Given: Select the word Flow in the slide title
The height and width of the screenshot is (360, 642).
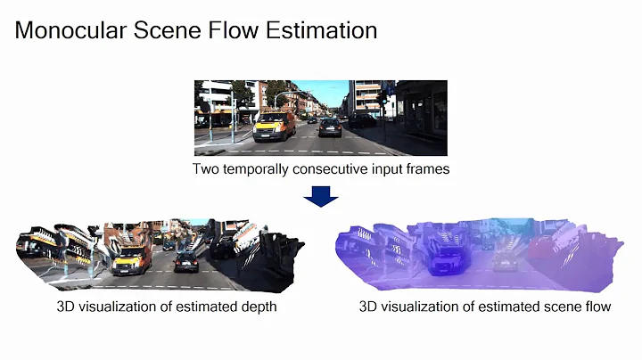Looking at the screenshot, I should pos(236,31).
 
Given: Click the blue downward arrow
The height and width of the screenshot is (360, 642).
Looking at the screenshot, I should pos(321,195).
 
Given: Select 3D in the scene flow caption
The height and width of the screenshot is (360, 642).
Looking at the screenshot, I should pos(369,307).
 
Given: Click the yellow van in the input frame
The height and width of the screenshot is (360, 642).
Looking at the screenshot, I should pos(274,128).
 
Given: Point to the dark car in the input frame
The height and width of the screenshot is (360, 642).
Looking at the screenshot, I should pos(330,127).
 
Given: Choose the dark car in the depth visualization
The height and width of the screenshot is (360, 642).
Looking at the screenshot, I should pos(186,262).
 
